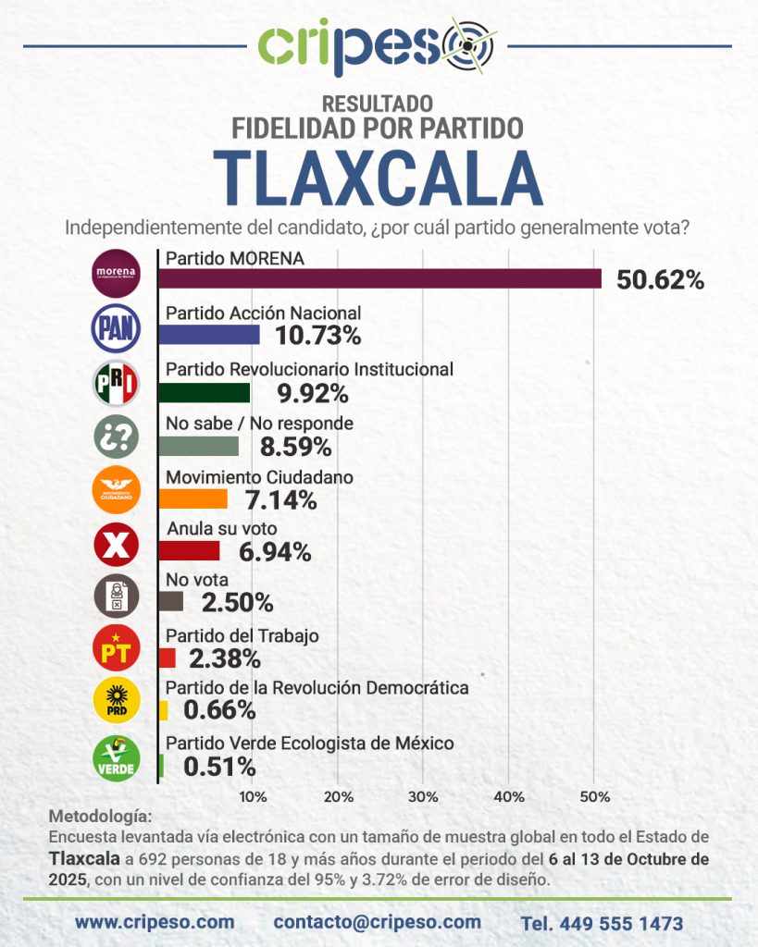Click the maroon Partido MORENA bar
coord(379,278)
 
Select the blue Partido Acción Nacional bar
coord(209,334)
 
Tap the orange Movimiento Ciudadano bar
coord(193,498)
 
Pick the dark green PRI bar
coord(205,392)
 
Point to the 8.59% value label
coord(294,447)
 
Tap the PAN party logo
coord(117,328)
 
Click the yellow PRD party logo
coord(117,701)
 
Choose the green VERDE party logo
coord(117,757)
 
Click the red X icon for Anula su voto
coord(117,545)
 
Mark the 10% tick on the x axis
coord(254,796)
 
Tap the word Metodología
coord(97,818)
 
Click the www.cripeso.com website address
coord(155,922)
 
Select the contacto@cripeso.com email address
coord(377,922)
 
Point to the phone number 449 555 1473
coord(602,923)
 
